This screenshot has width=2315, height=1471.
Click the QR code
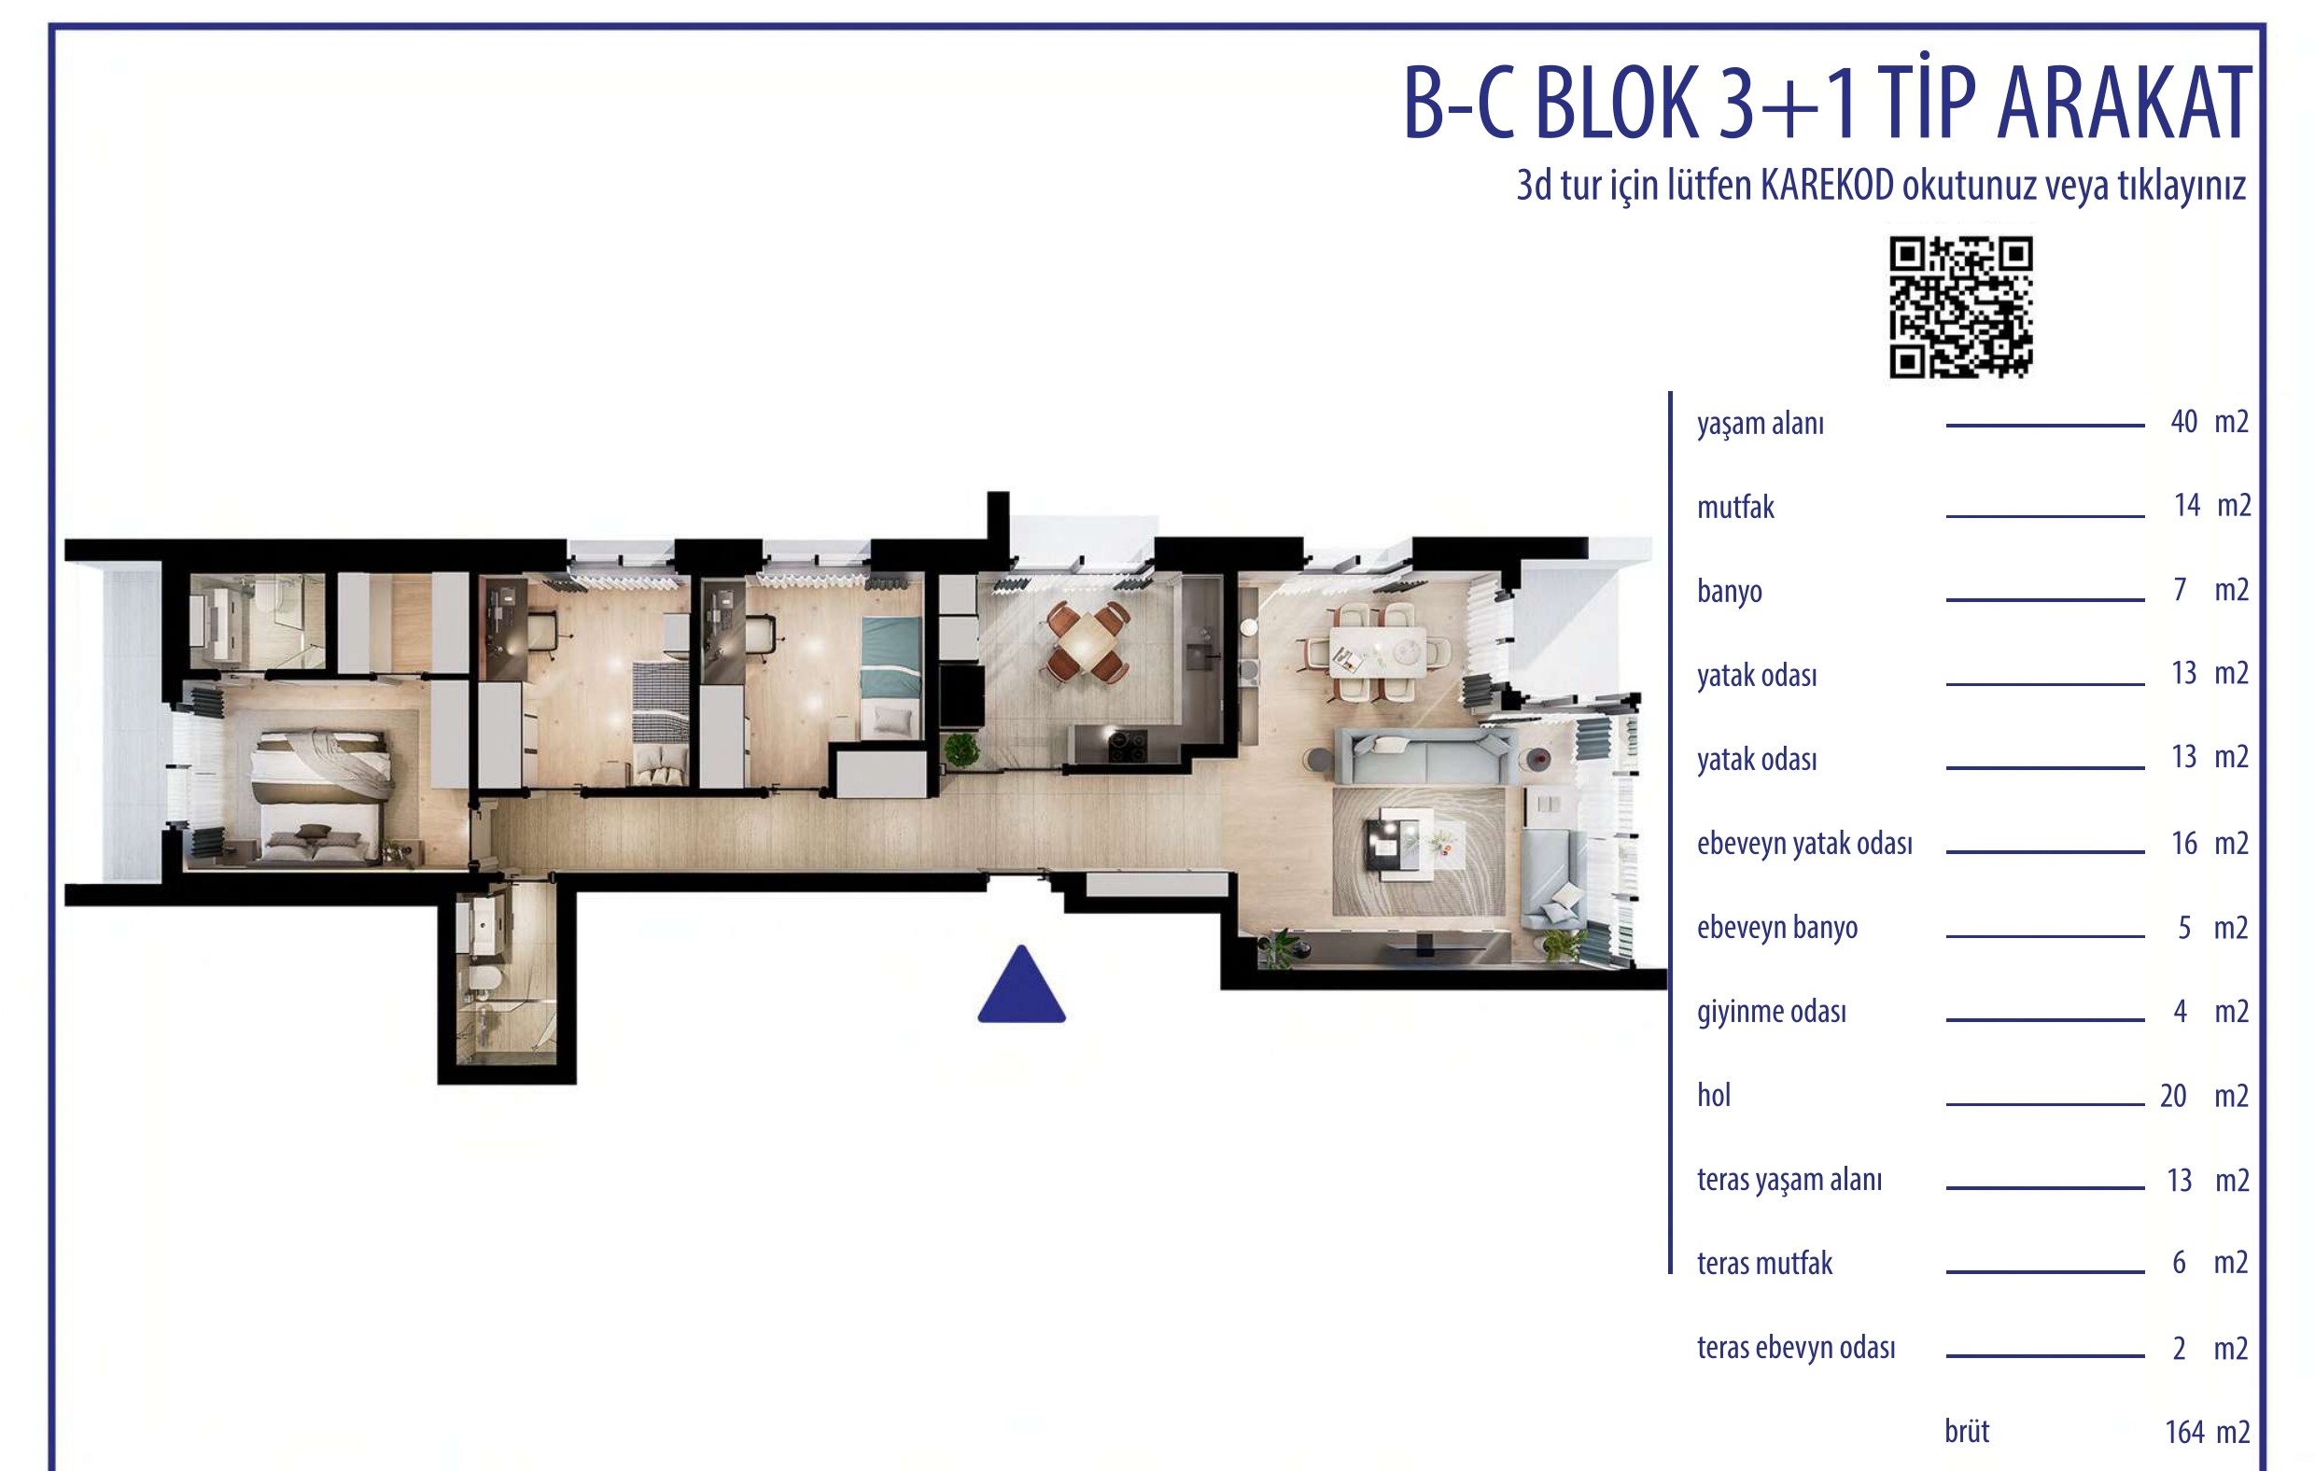tap(1960, 307)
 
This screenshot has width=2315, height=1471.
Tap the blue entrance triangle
tap(1021, 984)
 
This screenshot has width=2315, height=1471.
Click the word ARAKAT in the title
tap(2124, 104)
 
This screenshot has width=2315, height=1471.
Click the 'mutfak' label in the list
tap(1735, 507)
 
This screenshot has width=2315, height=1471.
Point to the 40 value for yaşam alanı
tap(2183, 421)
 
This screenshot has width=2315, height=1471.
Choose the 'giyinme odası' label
tap(1771, 1012)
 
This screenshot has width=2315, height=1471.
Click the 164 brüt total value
tap(2184, 1433)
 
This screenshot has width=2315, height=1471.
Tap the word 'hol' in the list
tap(1713, 1095)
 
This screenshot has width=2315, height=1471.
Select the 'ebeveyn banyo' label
tap(1776, 928)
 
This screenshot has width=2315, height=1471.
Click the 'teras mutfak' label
tap(1764, 1264)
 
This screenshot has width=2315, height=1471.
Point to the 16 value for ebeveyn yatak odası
tap(2183, 843)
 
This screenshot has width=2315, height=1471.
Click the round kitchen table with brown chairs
tap(1088, 641)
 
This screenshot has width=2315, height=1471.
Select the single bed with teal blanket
tap(891, 678)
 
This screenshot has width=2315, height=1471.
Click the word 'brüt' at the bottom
tap(1966, 1432)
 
